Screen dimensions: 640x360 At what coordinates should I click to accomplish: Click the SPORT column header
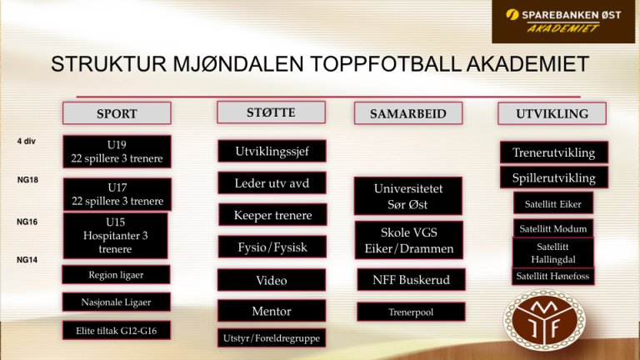[x=117, y=113]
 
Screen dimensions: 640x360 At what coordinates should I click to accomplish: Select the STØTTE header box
[x=271, y=112]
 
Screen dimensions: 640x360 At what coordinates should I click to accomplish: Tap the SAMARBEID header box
[x=408, y=113]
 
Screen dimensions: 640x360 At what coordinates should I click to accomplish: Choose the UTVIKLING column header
[x=552, y=113]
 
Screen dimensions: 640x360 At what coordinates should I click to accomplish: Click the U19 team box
[x=117, y=152]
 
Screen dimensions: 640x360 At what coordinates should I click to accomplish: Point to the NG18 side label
[x=27, y=180]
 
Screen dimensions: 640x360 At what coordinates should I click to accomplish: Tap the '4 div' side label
[x=26, y=141]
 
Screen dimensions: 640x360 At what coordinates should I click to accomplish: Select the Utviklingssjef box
[x=272, y=151]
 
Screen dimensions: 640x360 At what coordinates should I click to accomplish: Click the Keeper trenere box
[x=272, y=215]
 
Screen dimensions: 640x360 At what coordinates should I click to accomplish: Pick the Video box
[x=272, y=280]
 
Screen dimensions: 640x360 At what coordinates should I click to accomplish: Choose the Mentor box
[x=272, y=311]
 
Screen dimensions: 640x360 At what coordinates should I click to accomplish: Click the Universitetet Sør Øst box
[x=408, y=196]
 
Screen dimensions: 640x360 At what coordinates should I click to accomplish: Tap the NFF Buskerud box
[x=411, y=280]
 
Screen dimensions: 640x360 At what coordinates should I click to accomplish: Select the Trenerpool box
[x=411, y=312]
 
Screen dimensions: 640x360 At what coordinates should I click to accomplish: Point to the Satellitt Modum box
[x=553, y=228]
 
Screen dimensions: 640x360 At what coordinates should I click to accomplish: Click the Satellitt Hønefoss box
[x=553, y=277]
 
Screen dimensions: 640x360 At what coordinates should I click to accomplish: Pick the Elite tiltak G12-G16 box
[x=117, y=330]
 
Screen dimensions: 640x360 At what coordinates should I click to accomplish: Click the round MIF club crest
[x=544, y=320]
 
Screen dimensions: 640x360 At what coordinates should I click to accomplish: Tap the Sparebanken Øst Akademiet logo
[x=563, y=21]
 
